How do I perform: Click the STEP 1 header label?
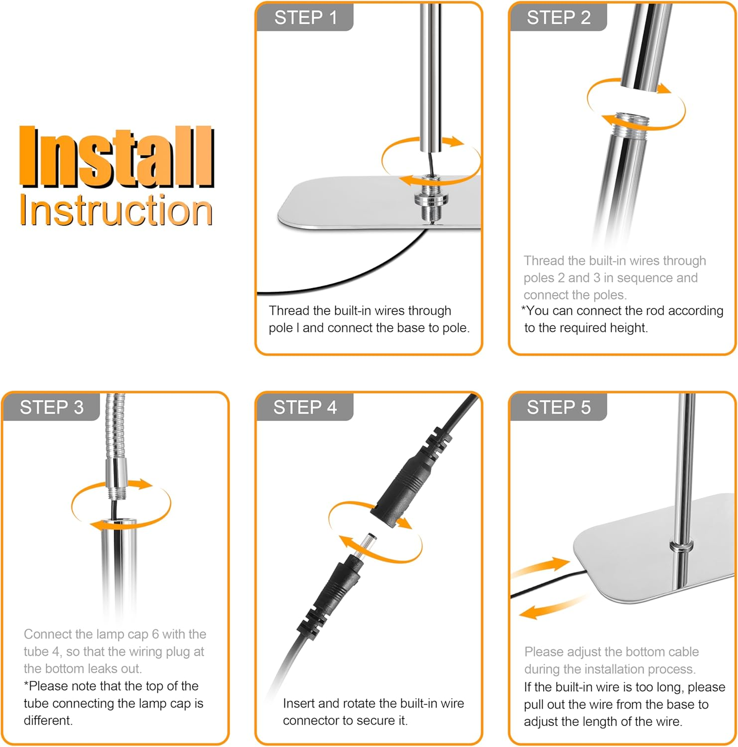tap(306, 18)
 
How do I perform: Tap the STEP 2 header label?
tap(559, 18)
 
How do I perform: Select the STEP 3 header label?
tap(52, 407)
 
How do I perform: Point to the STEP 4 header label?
tap(305, 407)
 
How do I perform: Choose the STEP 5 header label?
tap(559, 407)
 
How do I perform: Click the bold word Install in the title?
tap(117, 157)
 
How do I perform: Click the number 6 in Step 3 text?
tap(155, 634)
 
